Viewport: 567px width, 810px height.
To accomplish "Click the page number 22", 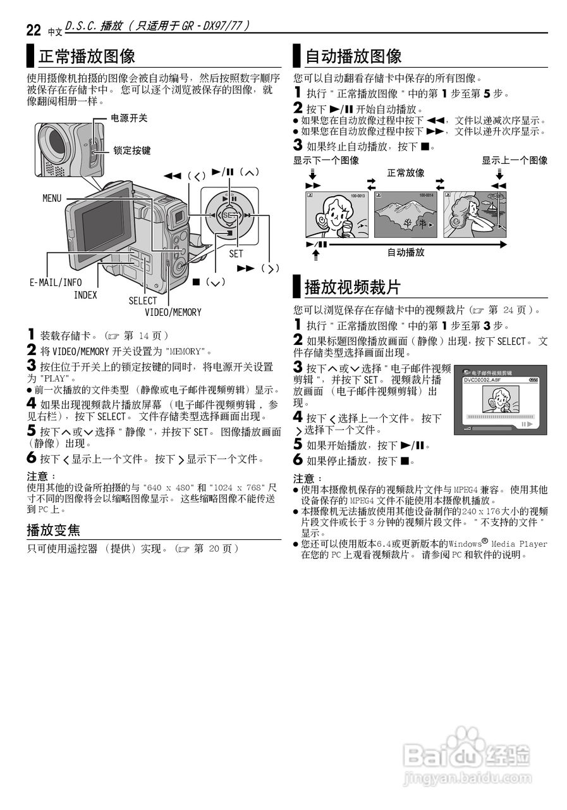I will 34,29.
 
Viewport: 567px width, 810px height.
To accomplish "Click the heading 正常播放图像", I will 87,56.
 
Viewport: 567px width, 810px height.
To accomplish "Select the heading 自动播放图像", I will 353,56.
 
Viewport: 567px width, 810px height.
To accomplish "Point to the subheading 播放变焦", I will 53,529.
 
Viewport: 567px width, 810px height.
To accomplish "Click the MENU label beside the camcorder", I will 52,198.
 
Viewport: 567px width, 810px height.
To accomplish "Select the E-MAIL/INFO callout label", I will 56,283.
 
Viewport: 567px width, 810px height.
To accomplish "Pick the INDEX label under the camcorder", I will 85,295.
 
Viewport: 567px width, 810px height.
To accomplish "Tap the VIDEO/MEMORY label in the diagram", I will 173,312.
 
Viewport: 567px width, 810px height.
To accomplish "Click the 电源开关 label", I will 129,118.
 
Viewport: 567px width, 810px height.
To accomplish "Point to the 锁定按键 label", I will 132,151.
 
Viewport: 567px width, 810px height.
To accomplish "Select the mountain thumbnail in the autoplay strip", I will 405,215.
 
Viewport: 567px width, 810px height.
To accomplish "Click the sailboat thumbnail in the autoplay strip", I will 474,215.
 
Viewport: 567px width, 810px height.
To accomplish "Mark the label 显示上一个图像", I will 515,161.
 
